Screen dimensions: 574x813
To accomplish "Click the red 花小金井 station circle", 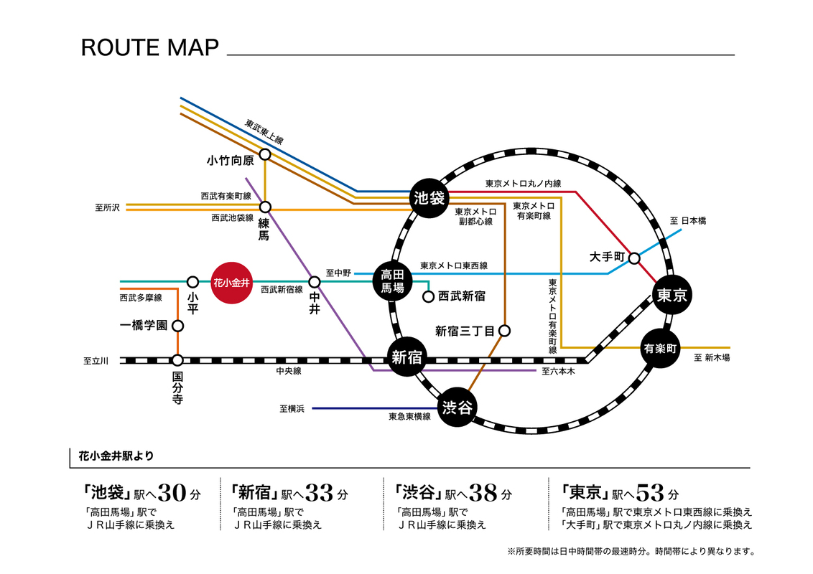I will coord(232,282).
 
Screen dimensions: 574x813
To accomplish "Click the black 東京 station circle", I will coord(672,294).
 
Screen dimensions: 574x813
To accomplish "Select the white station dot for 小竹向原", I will coord(265,154).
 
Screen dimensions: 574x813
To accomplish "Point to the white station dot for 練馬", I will coord(265,207).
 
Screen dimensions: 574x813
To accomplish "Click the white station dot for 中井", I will coord(314,282).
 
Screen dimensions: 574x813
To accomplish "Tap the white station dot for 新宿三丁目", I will coord(505,331).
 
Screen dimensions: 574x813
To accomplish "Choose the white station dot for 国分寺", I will coord(177,360).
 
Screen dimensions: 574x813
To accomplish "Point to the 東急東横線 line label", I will coord(409,417).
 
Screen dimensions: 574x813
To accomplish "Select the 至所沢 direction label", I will coord(107,207).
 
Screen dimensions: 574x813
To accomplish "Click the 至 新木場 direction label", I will coord(712,357).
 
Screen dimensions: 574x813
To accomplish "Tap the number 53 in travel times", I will coord(649,494).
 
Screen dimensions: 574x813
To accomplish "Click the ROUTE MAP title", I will coord(149,48).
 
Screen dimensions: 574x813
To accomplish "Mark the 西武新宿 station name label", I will coord(462,296).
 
